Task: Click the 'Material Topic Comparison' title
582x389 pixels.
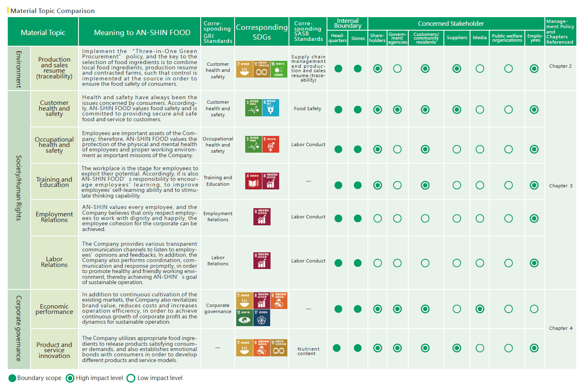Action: [x=52, y=11]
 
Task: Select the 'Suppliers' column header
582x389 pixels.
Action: [x=457, y=38]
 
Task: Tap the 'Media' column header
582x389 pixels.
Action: [x=479, y=38]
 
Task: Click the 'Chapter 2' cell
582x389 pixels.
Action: [x=560, y=66]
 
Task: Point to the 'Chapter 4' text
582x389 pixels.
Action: [x=560, y=328]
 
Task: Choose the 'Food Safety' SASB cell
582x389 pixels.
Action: [x=307, y=109]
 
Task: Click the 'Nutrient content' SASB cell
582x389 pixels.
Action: [x=308, y=351]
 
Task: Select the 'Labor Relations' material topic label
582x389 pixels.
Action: [x=54, y=262]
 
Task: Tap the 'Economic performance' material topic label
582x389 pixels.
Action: [x=54, y=309]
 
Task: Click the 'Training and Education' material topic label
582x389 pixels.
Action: [x=54, y=182]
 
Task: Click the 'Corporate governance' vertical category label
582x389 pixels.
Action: [x=19, y=328]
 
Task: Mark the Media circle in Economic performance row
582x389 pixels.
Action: [x=480, y=309]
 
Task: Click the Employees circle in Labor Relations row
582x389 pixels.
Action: [x=534, y=263]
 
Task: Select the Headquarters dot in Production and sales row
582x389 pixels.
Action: [x=338, y=69]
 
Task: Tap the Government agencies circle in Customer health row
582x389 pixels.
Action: [x=397, y=109]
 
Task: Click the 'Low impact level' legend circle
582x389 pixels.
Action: [x=131, y=378]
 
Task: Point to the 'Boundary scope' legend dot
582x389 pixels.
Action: [x=12, y=378]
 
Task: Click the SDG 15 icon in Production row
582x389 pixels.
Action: [x=279, y=69]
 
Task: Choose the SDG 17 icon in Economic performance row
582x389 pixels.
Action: [x=262, y=318]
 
